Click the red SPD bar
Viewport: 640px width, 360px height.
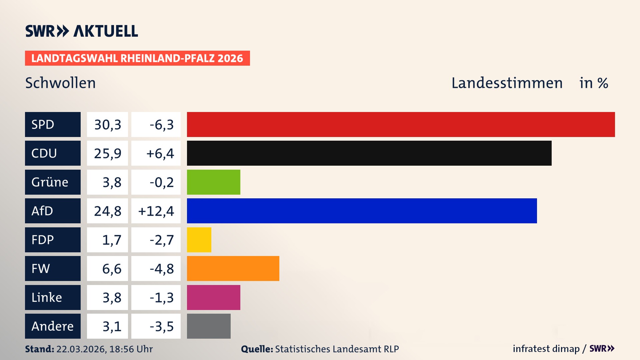point(401,124)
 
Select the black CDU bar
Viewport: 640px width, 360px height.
point(369,153)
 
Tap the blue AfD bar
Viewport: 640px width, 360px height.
point(362,211)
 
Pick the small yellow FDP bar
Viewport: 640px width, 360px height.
point(199,240)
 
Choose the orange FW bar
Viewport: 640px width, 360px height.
point(233,268)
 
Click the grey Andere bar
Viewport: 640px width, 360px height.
point(209,326)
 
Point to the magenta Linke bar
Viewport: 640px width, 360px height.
point(213,297)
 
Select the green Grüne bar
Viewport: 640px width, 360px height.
point(213,182)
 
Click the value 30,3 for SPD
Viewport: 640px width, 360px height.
point(107,125)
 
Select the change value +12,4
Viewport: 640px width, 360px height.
point(156,211)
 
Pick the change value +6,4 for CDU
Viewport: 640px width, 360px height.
point(160,153)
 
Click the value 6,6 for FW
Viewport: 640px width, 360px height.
point(111,269)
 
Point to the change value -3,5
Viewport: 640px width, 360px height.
point(161,326)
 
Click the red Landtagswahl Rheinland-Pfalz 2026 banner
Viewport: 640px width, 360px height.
point(137,58)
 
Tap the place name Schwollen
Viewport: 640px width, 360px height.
point(60,83)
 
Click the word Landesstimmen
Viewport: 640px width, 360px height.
point(507,83)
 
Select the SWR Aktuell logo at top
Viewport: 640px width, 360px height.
point(82,31)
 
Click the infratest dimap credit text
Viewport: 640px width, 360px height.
point(546,349)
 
